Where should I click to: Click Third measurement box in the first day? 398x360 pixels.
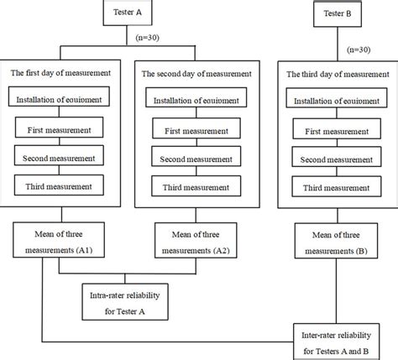tap(60, 185)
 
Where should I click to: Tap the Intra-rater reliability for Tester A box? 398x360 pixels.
tap(124, 300)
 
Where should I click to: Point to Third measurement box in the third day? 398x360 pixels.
tap(335, 185)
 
